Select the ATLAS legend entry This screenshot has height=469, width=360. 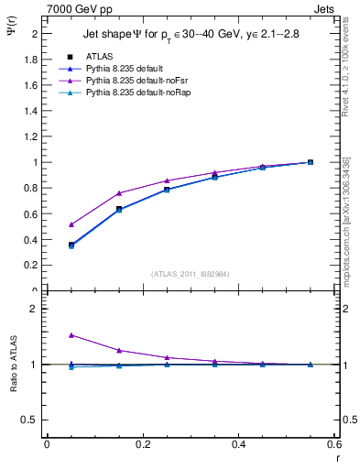(x=100, y=55)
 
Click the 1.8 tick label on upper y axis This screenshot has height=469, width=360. (x=30, y=59)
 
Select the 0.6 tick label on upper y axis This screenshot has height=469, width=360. (x=30, y=213)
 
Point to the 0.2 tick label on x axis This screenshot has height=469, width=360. (x=142, y=443)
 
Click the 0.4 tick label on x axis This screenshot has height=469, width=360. (x=238, y=443)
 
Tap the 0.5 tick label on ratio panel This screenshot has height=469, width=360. (x=29, y=420)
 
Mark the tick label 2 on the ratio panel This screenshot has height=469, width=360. (x=34, y=310)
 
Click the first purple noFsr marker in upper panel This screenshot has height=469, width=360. (x=71, y=224)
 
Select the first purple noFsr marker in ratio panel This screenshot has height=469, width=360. (x=71, y=335)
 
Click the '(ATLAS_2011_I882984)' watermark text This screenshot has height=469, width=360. (x=190, y=273)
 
